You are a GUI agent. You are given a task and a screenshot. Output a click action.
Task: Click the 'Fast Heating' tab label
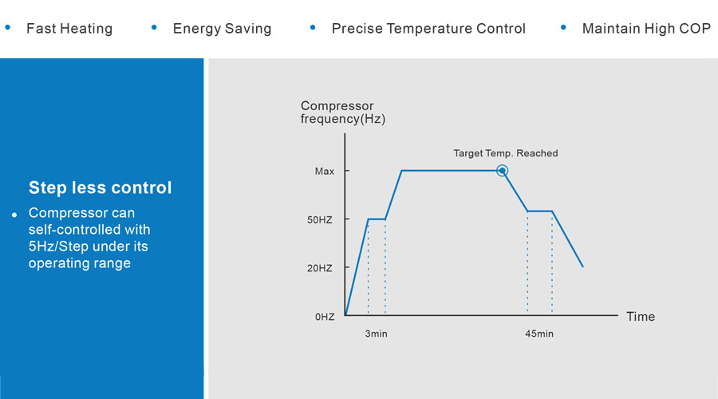point(69,29)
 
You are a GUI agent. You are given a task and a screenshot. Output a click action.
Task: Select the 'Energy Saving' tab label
point(222,29)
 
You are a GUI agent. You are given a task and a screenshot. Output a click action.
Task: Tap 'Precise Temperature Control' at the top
point(428,29)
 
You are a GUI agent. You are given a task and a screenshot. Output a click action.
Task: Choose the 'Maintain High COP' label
point(646,29)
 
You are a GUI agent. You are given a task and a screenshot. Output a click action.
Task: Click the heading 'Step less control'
point(100,188)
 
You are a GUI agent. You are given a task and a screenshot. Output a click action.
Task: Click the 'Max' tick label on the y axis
point(325,171)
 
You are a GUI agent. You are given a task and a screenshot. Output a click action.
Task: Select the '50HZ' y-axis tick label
point(320,219)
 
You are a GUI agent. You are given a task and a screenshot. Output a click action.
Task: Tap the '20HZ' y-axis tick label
point(320,268)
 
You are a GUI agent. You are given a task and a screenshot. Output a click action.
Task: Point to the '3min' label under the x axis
point(376,334)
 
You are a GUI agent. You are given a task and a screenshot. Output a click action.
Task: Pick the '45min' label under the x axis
point(538,334)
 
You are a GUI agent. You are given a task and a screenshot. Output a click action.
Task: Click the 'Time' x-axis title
point(640,317)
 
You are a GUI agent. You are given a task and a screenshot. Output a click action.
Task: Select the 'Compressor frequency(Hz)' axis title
point(343,113)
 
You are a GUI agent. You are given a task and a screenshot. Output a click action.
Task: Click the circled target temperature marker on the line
point(502,170)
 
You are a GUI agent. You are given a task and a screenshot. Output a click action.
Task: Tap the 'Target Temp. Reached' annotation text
point(506,153)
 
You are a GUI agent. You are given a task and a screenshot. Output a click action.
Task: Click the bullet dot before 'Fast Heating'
point(8,27)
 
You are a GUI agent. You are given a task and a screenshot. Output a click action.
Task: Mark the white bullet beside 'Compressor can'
point(14,215)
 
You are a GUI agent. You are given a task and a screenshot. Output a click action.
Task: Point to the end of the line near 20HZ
point(582,266)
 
